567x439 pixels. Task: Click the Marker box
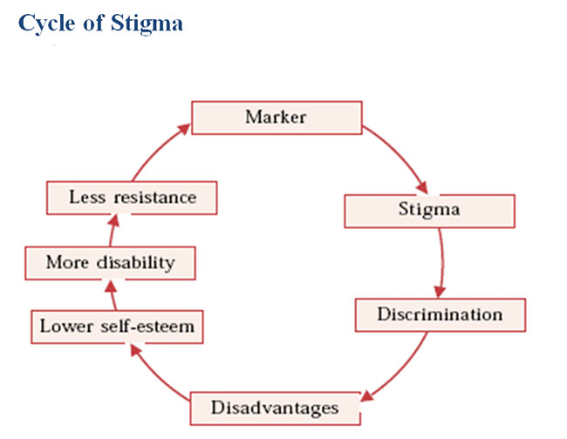tap(277, 118)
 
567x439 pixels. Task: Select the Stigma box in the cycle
tap(429, 211)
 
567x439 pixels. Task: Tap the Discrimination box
tap(441, 314)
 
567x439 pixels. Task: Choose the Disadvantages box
tap(275, 409)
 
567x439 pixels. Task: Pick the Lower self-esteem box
tap(117, 327)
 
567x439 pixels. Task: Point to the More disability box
tap(110, 263)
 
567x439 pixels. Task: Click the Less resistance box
tap(132, 198)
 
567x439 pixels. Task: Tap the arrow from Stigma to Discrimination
tap(441, 263)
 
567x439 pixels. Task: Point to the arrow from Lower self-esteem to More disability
tap(113, 295)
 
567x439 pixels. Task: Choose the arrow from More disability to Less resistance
tap(113, 230)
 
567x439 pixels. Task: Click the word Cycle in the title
tap(47, 24)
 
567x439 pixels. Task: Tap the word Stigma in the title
tap(147, 24)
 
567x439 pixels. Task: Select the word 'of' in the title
tap(93, 24)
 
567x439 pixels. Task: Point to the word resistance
tap(155, 198)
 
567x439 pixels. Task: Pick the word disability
tap(135, 263)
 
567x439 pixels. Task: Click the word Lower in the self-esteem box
tap(66, 327)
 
